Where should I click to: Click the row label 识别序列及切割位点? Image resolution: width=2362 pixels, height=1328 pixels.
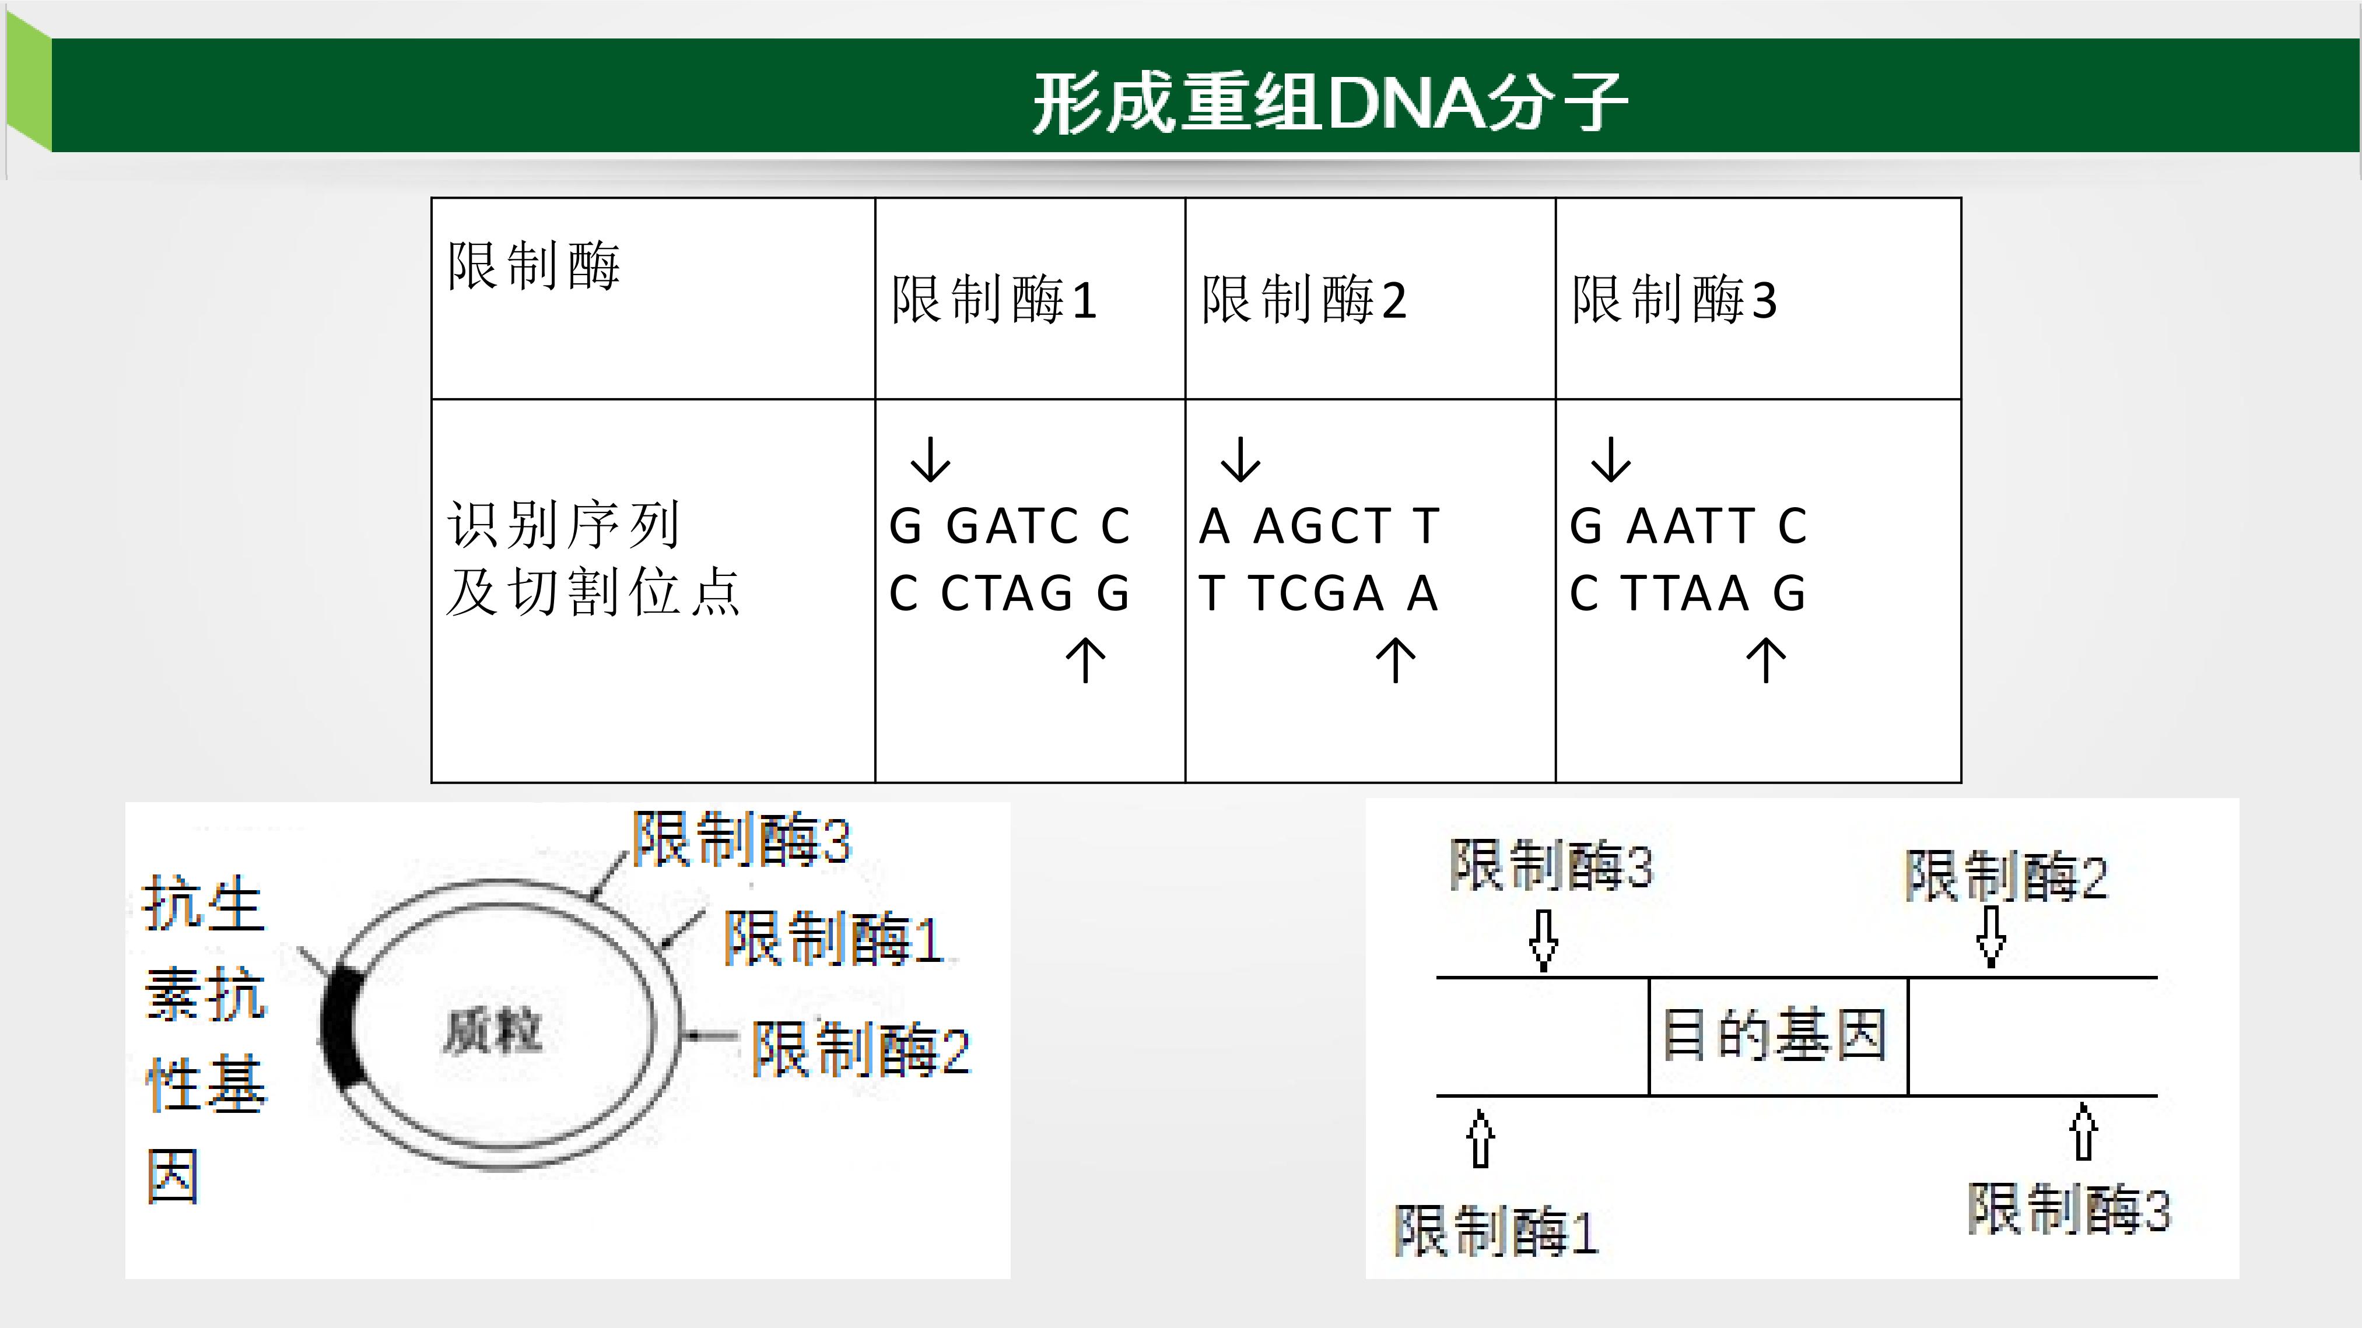coord(593,558)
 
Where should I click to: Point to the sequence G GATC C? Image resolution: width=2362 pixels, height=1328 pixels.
coord(1010,526)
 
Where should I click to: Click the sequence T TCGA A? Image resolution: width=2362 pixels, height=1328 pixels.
coord(1319,593)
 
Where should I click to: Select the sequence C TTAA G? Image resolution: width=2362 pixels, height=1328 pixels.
coord(1687,593)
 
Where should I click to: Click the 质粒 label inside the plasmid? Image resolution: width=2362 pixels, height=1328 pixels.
coord(492,1031)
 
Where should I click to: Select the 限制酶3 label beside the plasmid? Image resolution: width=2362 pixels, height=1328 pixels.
coord(741,838)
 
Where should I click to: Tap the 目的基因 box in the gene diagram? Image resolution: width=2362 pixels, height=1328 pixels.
coord(1778,1035)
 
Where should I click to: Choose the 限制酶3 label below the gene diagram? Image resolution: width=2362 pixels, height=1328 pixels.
coord(2069,1209)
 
